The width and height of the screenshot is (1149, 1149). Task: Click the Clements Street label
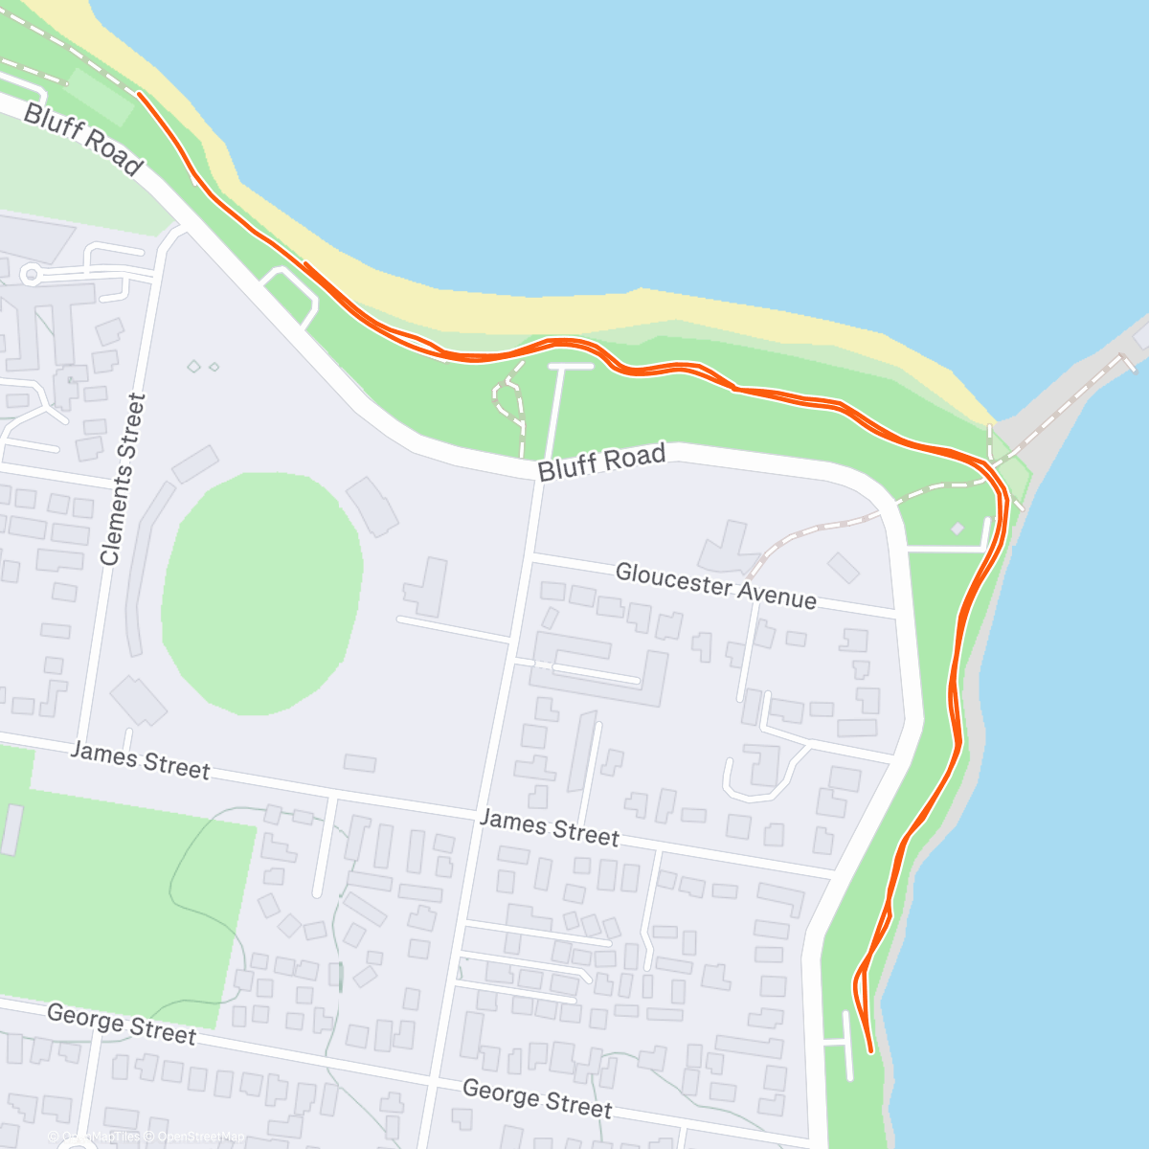coord(124,479)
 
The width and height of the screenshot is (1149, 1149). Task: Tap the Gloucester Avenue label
coord(715,586)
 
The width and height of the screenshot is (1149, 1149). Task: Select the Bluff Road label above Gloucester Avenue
coord(601,462)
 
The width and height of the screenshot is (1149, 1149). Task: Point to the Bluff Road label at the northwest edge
coord(82,140)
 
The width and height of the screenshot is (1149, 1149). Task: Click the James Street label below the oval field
coord(140,760)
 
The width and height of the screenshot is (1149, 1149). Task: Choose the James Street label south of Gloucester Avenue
coord(549,828)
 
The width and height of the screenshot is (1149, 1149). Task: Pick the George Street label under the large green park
coord(121,1025)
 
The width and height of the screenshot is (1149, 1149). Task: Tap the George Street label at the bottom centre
coord(536,1098)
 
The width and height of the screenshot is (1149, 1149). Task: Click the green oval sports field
coord(261,594)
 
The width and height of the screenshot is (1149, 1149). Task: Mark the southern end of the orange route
coord(870,1051)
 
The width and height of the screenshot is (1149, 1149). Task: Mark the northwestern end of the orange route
coord(140,94)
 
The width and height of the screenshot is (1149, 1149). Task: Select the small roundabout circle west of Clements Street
coord(31,276)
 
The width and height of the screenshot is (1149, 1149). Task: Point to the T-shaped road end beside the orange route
coord(571,367)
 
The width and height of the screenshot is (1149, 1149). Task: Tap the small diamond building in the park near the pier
coord(957,528)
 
